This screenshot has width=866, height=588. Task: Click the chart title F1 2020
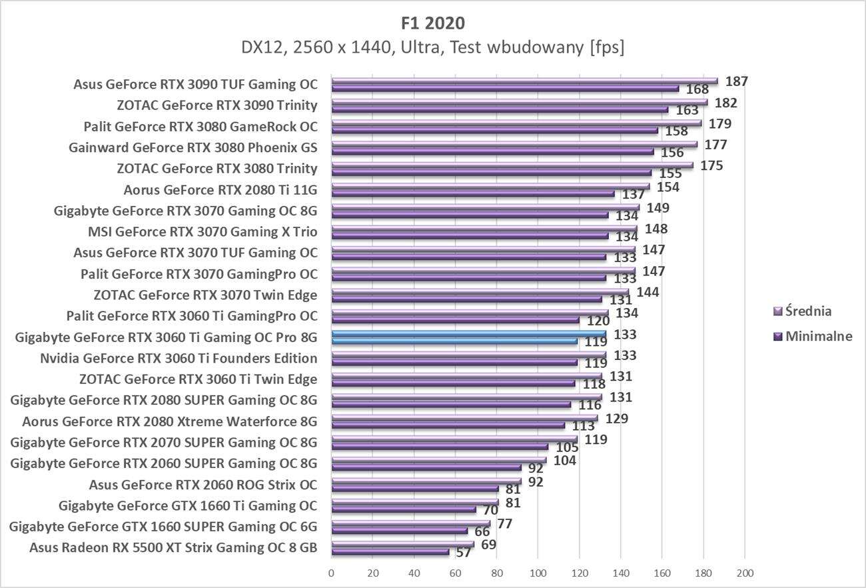pyautogui.click(x=433, y=23)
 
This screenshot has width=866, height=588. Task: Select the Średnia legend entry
pyautogui.click(x=808, y=311)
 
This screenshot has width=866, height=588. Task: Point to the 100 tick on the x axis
pyautogui.click(x=538, y=573)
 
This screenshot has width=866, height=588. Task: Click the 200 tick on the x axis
pyautogui.click(x=745, y=573)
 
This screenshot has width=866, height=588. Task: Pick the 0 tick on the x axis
pyautogui.click(x=331, y=573)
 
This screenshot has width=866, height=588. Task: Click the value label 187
pyautogui.click(x=737, y=81)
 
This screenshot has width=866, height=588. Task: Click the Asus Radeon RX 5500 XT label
pyautogui.click(x=173, y=548)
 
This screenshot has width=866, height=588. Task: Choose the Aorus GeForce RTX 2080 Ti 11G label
pyautogui.click(x=220, y=190)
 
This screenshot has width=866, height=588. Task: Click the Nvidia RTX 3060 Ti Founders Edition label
pyautogui.click(x=179, y=359)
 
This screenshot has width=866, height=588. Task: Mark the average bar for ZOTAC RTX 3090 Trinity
pyautogui.click(x=519, y=103)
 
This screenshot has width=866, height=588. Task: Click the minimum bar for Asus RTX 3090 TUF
pyautogui.click(x=504, y=88)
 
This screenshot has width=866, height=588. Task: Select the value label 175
pyautogui.click(x=711, y=165)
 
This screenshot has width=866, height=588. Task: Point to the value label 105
pyautogui.click(x=568, y=447)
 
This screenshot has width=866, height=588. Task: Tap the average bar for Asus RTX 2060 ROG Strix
pyautogui.click(x=426, y=481)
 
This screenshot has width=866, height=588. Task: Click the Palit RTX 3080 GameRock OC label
pyautogui.click(x=201, y=127)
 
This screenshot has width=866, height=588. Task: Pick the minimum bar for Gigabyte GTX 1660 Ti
pyautogui.click(x=403, y=509)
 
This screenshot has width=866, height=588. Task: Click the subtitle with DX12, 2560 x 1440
pyautogui.click(x=433, y=48)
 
